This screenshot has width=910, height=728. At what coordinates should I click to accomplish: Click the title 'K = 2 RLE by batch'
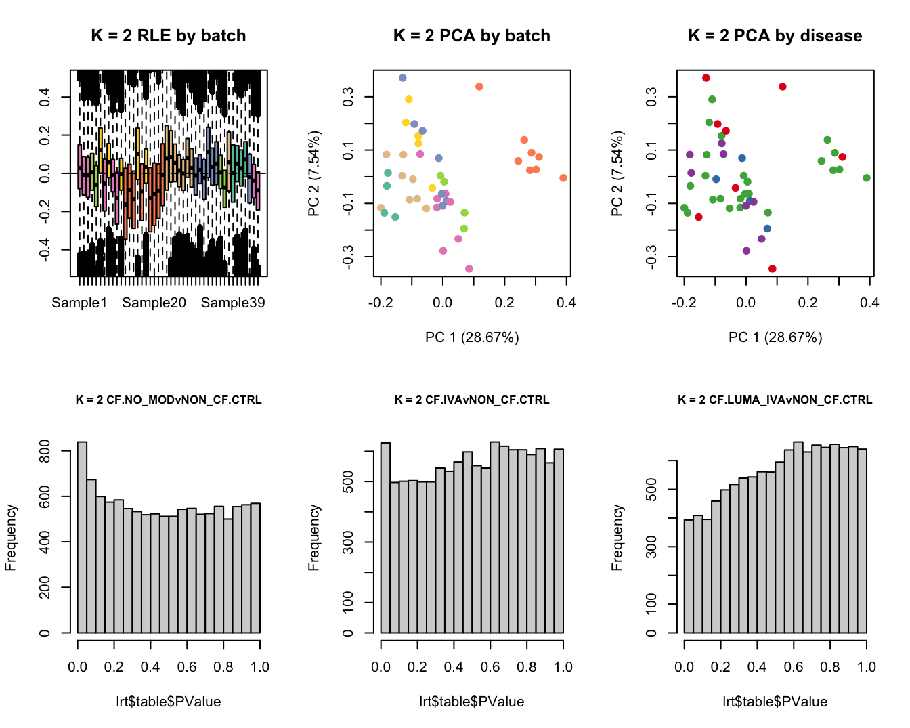(x=168, y=36)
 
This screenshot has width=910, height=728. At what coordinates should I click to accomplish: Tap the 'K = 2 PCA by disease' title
(x=775, y=36)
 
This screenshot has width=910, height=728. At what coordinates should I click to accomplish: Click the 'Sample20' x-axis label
(x=154, y=303)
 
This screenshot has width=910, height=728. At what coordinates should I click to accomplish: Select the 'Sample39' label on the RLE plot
(x=233, y=303)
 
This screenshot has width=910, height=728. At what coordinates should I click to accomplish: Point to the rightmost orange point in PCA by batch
(x=563, y=178)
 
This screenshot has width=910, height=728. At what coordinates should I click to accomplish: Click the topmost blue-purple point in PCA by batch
(x=403, y=78)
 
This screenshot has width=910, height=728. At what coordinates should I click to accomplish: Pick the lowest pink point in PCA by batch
(x=469, y=269)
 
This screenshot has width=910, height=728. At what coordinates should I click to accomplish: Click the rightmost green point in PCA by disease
(x=867, y=178)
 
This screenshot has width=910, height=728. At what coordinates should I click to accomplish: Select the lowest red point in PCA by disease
(x=773, y=269)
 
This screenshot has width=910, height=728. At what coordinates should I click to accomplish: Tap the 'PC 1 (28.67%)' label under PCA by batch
(x=472, y=337)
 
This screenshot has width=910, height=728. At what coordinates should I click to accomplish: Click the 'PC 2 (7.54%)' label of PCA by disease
(x=617, y=174)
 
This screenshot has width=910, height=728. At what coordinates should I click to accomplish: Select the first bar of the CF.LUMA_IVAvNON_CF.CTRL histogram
(x=689, y=576)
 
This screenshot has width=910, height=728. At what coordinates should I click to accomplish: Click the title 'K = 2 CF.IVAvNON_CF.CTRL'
(x=472, y=400)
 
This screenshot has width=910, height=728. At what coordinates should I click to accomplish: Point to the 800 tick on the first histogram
(x=45, y=451)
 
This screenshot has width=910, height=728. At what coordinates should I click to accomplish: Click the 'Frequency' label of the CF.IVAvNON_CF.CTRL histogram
(x=313, y=538)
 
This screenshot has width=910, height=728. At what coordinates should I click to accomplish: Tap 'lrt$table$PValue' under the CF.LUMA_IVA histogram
(x=775, y=702)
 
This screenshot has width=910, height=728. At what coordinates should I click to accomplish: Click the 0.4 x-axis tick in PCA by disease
(x=869, y=303)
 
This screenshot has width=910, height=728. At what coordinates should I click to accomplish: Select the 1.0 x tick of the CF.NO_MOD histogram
(x=260, y=667)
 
